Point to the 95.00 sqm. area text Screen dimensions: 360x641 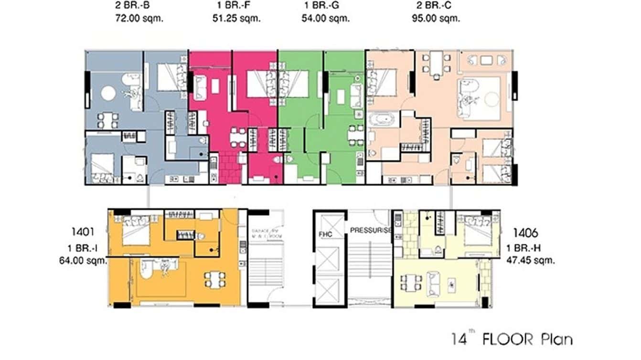click(x=436, y=19)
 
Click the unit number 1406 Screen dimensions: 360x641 click(x=526, y=233)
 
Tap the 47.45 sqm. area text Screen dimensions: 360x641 click(x=531, y=261)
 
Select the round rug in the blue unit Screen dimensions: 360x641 click(x=108, y=93)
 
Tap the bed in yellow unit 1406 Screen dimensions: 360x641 click(x=480, y=231)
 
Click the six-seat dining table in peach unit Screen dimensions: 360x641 click(x=435, y=62)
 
